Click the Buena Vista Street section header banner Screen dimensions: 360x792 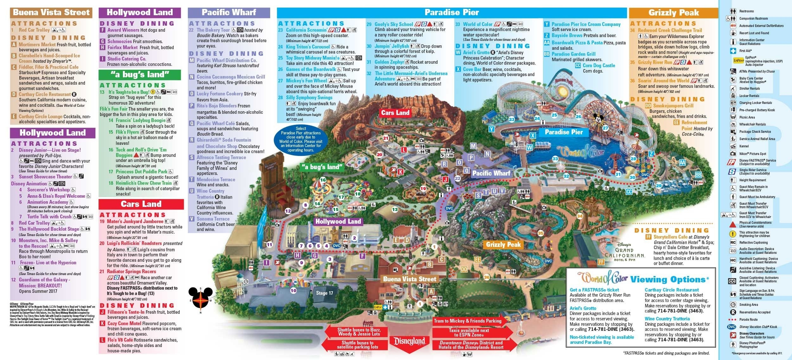51,12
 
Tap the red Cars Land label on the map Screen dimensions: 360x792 395,113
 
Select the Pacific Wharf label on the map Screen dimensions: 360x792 491,173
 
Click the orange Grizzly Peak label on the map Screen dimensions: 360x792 503,245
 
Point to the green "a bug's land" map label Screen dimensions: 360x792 322,167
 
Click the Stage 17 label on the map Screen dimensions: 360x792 324,293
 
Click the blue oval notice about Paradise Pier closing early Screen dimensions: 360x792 301,139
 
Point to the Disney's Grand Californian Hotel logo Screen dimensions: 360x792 624,252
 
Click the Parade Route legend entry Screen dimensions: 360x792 748,320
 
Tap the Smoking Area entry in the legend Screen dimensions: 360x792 748,305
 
